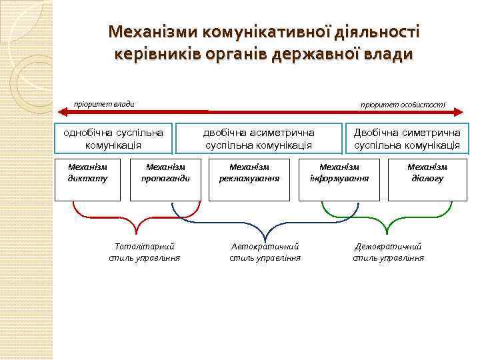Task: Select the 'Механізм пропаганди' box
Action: (x=165, y=179)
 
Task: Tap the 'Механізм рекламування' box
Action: (x=249, y=179)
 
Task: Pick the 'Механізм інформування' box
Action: (x=340, y=179)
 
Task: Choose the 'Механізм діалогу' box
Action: (x=427, y=179)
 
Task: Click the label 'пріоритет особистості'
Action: (x=403, y=105)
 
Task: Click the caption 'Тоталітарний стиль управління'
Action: (x=145, y=252)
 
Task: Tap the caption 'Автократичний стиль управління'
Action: (x=265, y=252)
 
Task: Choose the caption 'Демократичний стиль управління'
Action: (x=389, y=252)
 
